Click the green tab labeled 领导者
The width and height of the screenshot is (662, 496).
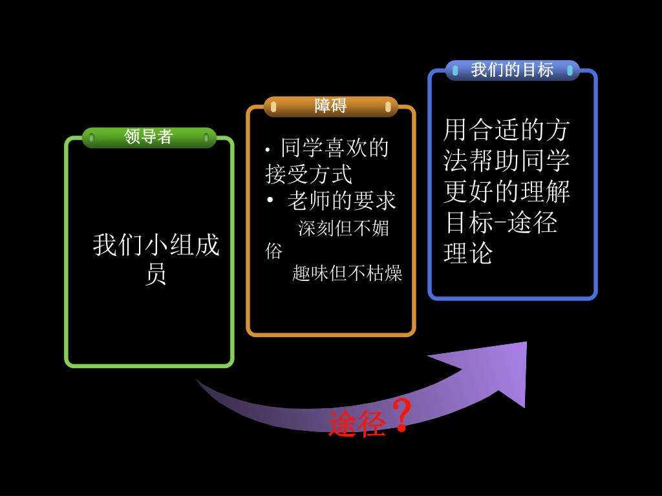[149, 137]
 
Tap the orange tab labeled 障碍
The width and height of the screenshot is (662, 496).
[330, 106]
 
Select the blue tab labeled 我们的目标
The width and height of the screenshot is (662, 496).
[512, 70]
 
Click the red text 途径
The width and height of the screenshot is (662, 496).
[357, 424]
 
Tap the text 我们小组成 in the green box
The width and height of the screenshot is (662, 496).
[156, 245]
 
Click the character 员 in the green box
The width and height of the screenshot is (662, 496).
[156, 274]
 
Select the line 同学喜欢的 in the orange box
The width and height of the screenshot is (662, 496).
[334, 148]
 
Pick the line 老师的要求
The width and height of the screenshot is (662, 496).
[341, 201]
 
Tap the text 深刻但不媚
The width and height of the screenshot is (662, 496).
[343, 229]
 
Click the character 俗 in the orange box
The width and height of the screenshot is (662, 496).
[274, 251]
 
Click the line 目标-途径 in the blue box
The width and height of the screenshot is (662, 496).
[500, 223]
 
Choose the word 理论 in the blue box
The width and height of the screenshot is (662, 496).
[469, 253]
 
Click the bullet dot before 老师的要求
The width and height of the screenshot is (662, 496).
[270, 201]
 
